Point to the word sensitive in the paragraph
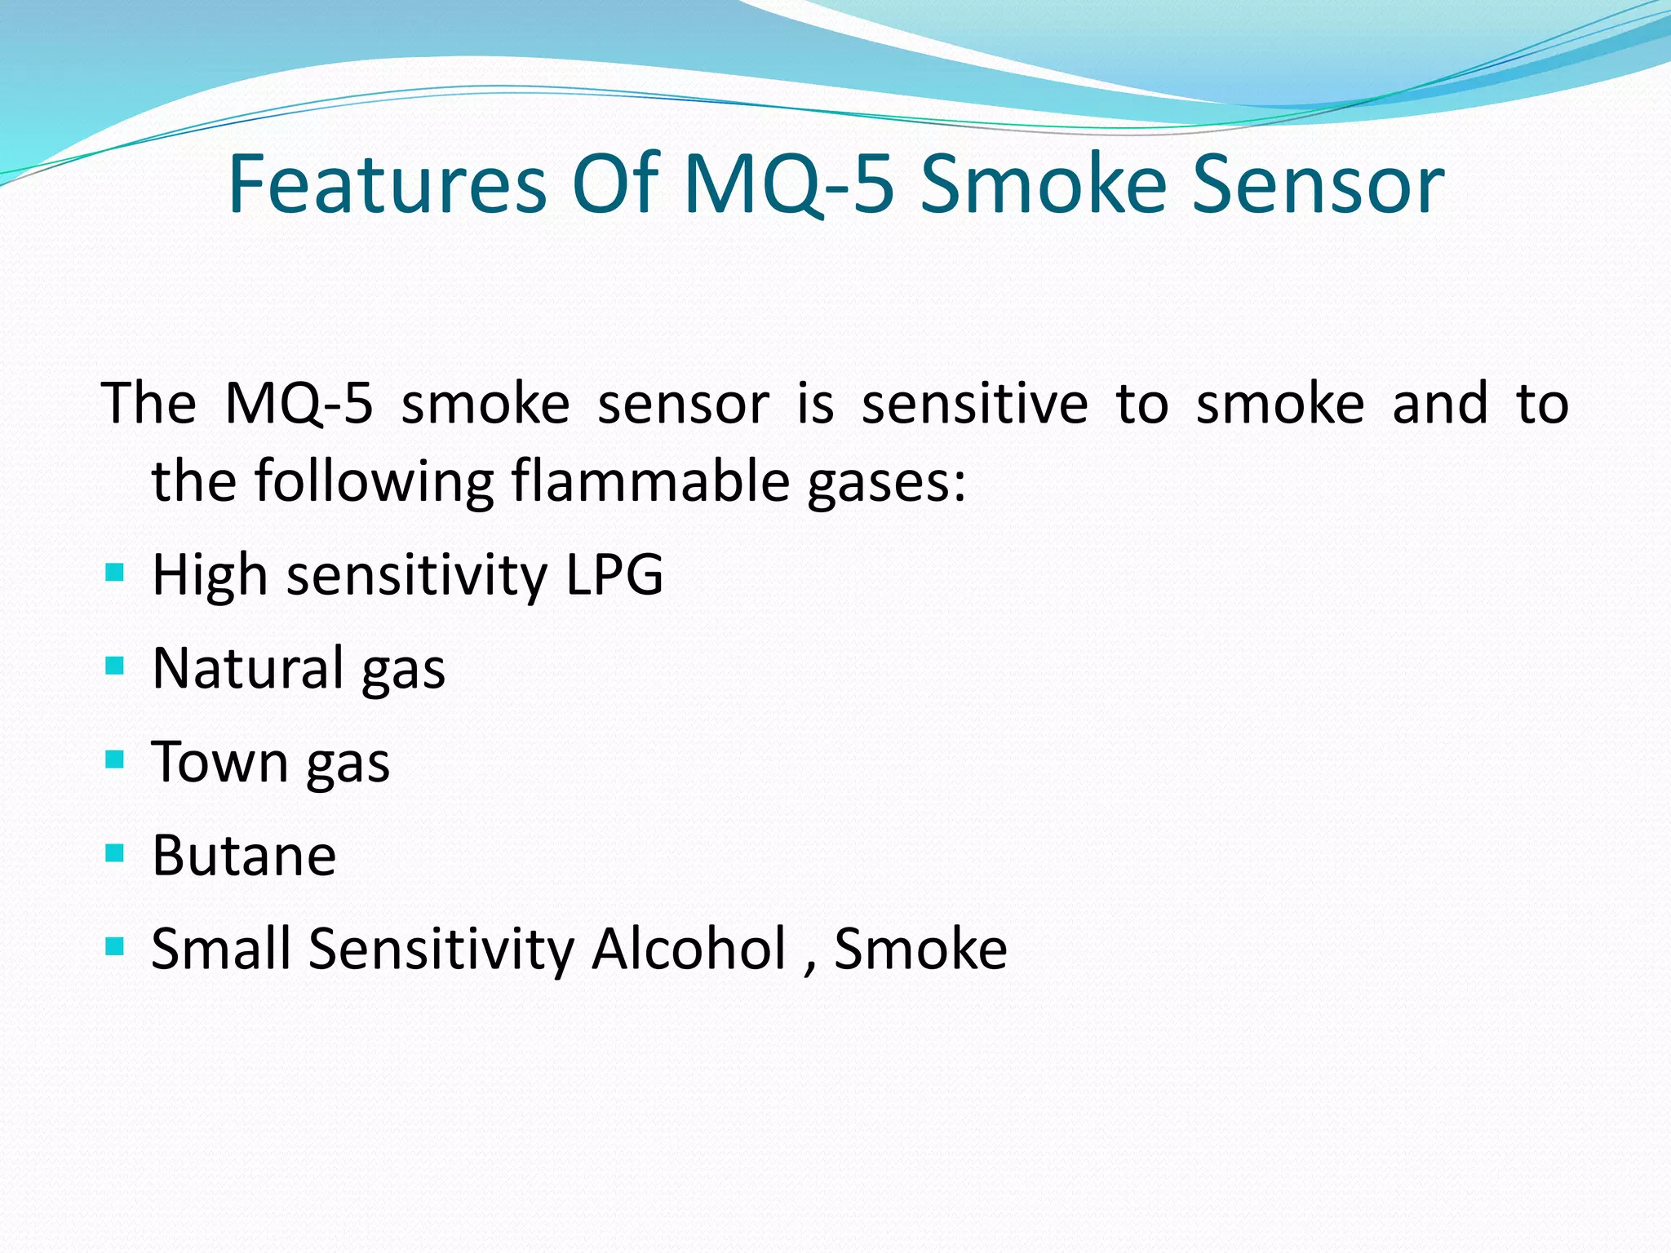tap(974, 404)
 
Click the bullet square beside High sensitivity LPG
tap(115, 573)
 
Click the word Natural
tap(248, 668)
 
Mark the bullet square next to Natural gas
tap(115, 666)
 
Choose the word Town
tap(219, 762)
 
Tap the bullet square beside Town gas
tap(115, 760)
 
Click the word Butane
tap(244, 856)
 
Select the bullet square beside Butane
tap(115, 854)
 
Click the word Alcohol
tap(689, 949)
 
